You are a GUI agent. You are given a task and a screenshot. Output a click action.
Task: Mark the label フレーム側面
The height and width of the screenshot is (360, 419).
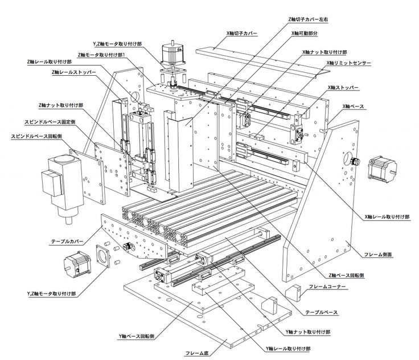(x=379, y=254)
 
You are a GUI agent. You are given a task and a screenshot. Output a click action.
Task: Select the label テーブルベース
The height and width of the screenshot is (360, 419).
(x=322, y=313)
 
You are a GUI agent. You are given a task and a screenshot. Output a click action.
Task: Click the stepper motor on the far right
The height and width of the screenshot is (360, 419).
(x=380, y=165)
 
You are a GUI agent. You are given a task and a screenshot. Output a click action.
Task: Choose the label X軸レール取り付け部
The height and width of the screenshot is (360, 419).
(x=387, y=217)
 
